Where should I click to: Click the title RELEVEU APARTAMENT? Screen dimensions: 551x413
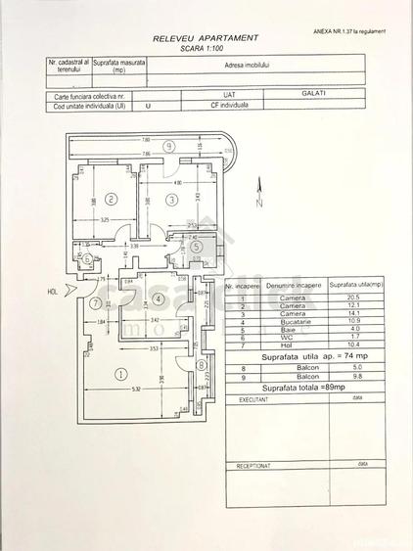point(206,37)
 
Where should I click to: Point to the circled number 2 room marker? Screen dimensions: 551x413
point(111,200)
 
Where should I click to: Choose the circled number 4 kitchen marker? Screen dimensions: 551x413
point(157,298)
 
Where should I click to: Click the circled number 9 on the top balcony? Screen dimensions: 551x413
point(168,146)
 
